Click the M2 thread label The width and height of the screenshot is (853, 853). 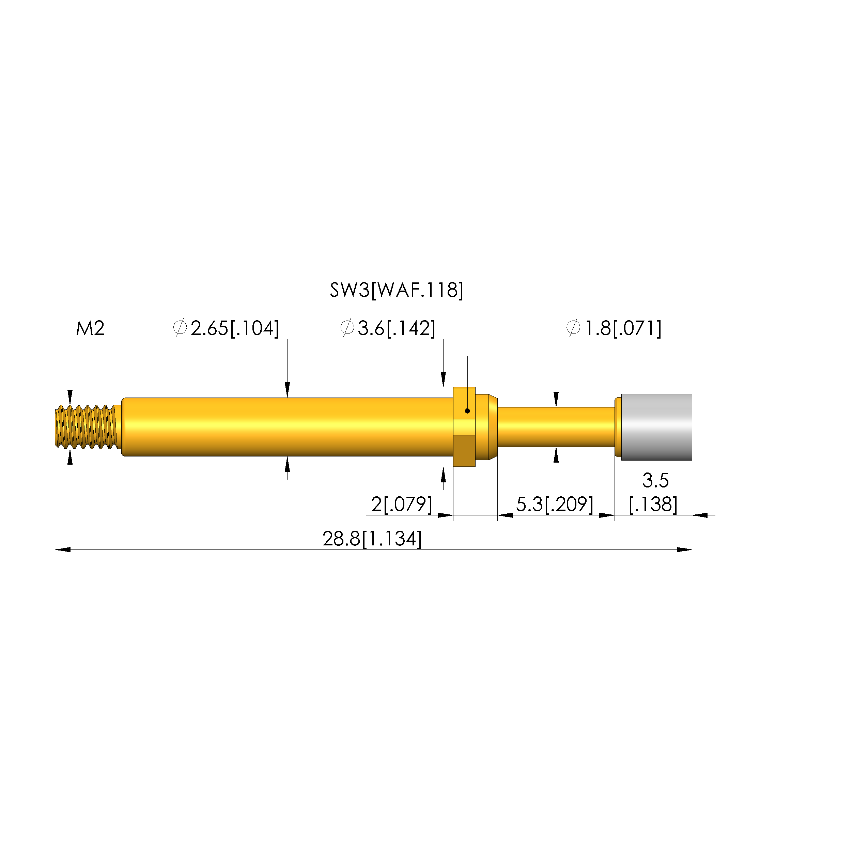[90, 328]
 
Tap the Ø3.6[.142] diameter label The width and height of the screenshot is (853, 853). [388, 328]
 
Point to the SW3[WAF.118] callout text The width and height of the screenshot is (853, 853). [397, 291]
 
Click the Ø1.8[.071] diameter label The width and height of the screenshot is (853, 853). [614, 328]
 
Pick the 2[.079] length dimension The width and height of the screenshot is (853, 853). [401, 504]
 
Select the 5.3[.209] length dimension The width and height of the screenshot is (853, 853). [555, 504]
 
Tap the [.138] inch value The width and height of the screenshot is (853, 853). [653, 504]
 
